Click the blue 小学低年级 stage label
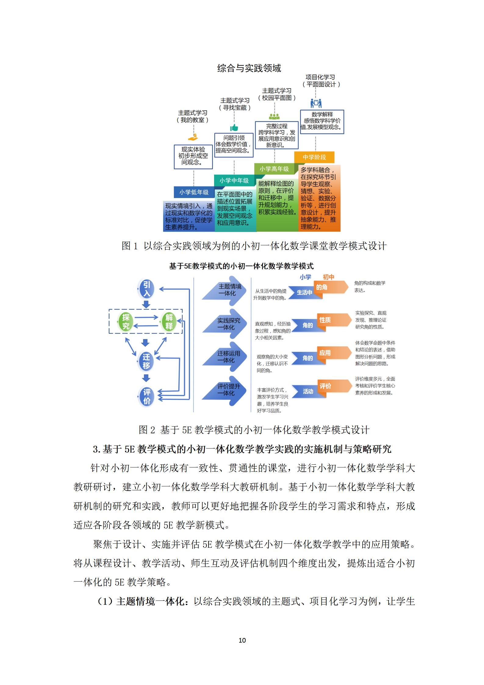(x=194, y=192)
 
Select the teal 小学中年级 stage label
(x=234, y=180)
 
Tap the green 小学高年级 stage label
(x=274, y=169)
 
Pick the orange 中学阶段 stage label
(x=314, y=157)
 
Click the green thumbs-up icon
(x=234, y=128)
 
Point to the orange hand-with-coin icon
(x=193, y=137)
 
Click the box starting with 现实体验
(x=193, y=157)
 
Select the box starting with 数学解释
(x=322, y=122)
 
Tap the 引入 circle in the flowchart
(x=146, y=289)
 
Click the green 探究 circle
(x=126, y=322)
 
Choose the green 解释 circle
(x=169, y=322)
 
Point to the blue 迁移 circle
(x=146, y=361)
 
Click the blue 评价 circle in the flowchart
(x=146, y=397)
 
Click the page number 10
(x=242, y=640)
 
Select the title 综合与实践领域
(x=249, y=68)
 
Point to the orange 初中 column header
(x=328, y=277)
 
